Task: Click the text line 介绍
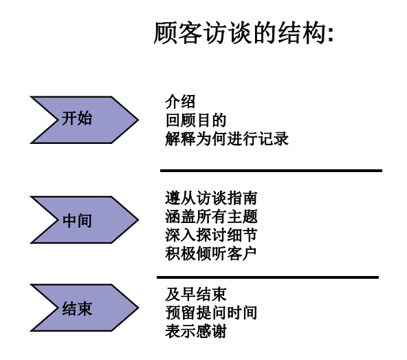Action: coord(180,102)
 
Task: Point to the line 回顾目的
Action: coord(196,120)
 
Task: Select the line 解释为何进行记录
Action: coord(227,138)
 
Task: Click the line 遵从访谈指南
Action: coord(211,198)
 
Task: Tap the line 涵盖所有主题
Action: coord(211,217)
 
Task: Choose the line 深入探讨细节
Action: coord(211,235)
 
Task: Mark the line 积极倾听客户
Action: coord(211,253)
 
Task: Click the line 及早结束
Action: coord(196,294)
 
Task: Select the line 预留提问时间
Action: coord(211,313)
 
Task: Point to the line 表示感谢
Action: coord(196,331)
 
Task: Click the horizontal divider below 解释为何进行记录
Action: coord(271,171)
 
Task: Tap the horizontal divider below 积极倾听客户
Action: coord(267,277)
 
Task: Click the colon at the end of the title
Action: coord(331,35)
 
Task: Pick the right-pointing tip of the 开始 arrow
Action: coord(139,120)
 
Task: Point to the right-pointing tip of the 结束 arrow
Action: coord(139,308)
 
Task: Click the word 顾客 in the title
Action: coord(178,32)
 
